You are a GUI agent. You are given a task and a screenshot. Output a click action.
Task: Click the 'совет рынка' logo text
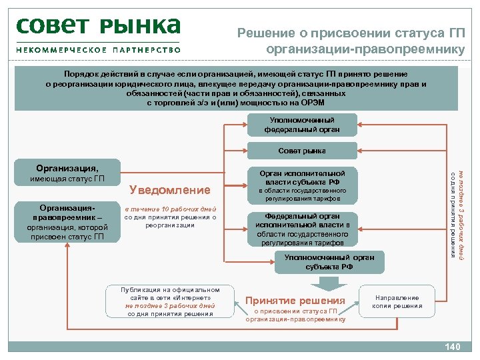coord(98,27)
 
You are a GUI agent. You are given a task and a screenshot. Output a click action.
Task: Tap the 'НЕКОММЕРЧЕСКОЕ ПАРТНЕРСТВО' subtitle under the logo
coord(98,49)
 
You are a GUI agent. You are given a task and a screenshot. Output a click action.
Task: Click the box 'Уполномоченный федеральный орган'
coord(302,124)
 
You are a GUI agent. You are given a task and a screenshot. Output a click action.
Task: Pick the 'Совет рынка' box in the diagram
coord(302,151)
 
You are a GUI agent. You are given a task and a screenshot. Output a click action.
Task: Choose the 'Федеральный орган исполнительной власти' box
coord(302,229)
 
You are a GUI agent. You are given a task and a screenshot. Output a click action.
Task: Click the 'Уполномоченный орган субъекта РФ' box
coord(320,261)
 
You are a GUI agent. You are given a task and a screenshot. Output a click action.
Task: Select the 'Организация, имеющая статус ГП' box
coord(67,173)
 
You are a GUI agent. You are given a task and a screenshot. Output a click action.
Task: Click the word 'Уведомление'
coord(169,190)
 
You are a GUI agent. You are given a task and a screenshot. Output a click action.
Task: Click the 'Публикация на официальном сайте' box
coord(170,301)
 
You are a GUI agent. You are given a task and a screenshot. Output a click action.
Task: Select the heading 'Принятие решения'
coord(295,301)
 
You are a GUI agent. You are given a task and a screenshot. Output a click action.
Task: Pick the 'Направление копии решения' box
coord(397,301)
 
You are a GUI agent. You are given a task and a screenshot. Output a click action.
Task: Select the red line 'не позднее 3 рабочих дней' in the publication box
coord(170,305)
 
